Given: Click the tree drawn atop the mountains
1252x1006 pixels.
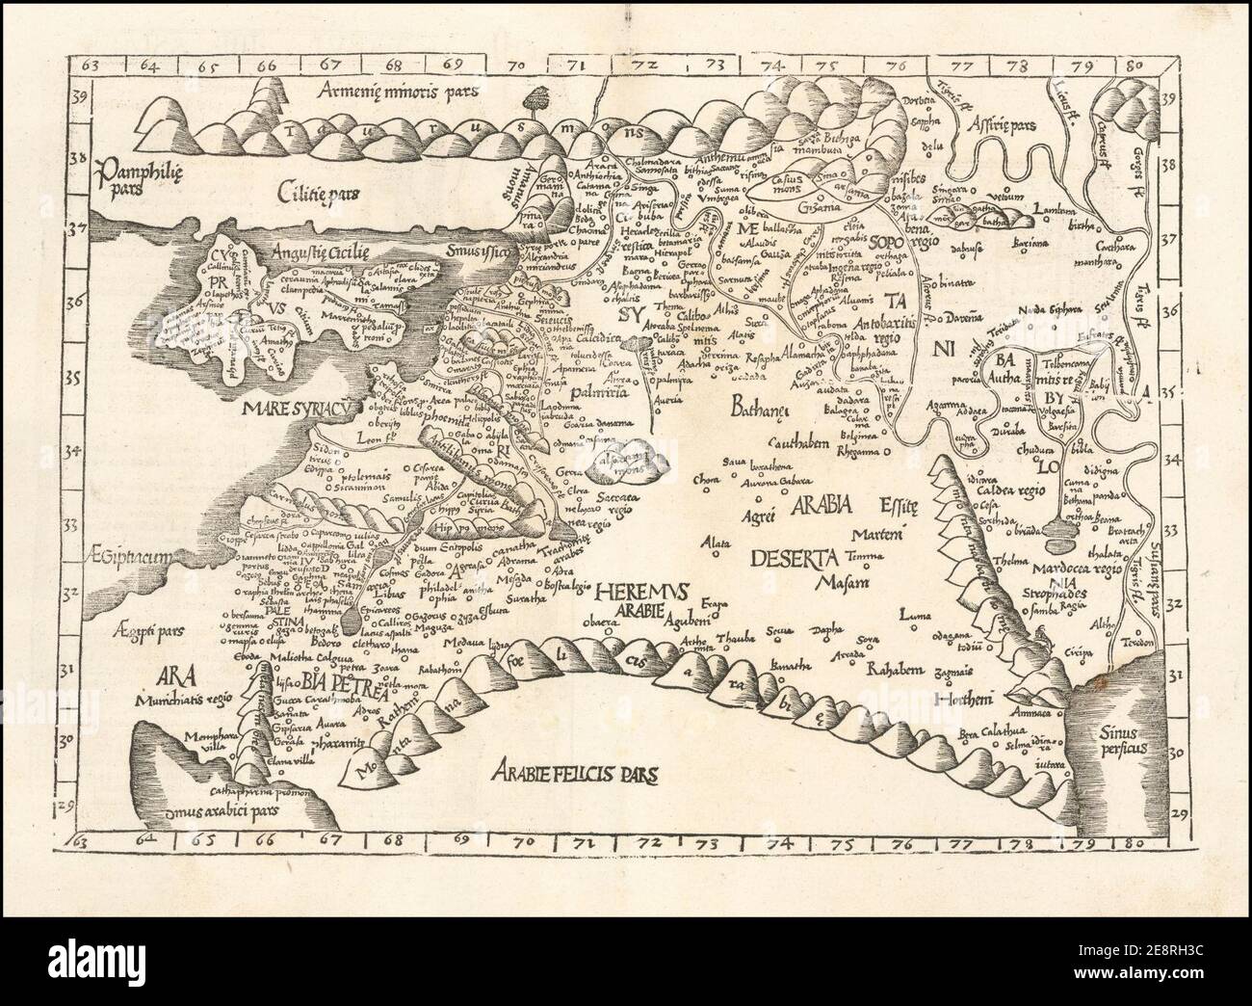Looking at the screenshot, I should [x=535, y=97].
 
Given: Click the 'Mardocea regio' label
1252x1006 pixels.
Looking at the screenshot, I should [x=1079, y=569].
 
